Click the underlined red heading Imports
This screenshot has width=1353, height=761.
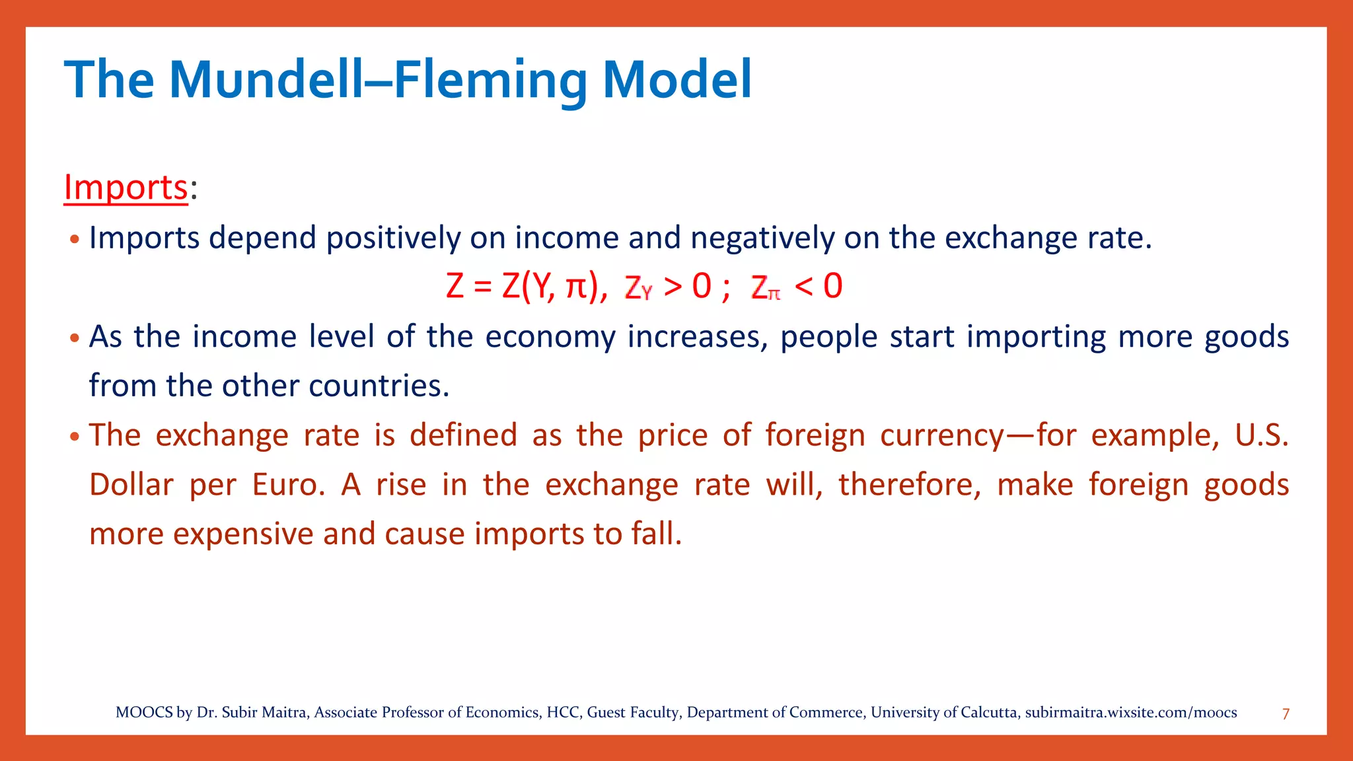tap(126, 188)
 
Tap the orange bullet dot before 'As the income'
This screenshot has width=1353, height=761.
tap(75, 339)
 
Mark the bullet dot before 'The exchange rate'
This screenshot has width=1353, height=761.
tap(75, 437)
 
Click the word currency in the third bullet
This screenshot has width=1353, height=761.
tap(941, 436)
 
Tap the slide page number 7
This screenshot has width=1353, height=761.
tap(1286, 714)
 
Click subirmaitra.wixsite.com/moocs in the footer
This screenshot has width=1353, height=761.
tap(1130, 713)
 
